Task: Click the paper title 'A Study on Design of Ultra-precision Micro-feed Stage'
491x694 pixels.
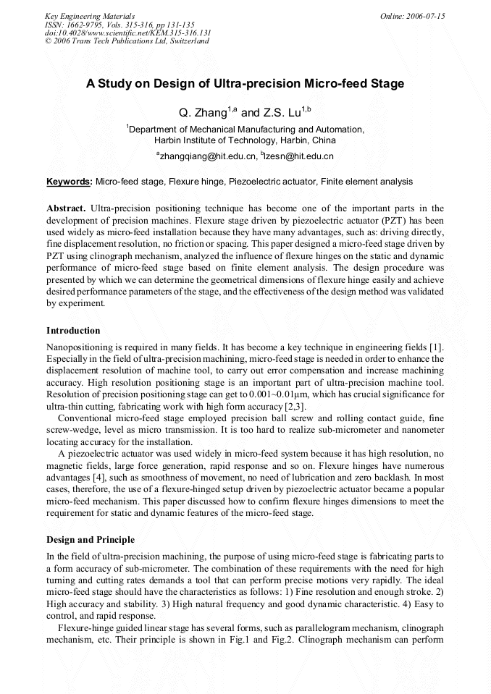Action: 245,83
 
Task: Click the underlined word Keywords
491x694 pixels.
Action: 69,182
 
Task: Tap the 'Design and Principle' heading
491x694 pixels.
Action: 90,540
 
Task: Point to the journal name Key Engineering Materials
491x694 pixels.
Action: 89,16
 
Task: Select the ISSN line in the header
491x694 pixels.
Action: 119,25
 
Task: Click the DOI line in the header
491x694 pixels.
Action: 127,33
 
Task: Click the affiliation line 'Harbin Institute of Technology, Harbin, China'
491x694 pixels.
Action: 245,140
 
